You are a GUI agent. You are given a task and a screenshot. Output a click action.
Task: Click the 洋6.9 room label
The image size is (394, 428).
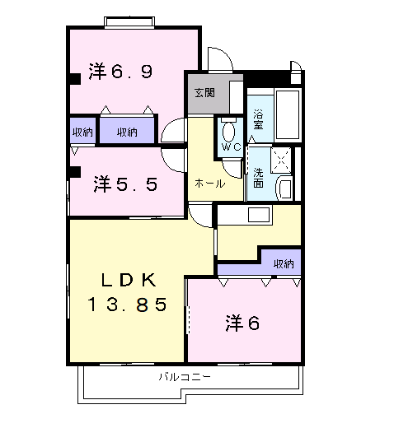pos(120,72)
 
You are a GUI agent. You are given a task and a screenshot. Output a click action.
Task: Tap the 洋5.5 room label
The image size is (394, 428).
pos(125,184)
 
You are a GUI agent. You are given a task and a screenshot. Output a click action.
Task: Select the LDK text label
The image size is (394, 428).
pos(129,280)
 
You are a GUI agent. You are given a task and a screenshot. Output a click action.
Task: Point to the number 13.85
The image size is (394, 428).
pos(127,305)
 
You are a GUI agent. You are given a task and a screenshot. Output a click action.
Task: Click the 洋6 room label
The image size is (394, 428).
pos(242,323)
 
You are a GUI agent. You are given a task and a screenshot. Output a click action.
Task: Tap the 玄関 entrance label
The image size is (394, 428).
pos(204,93)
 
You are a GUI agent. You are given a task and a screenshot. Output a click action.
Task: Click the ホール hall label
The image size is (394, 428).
pos(210,184)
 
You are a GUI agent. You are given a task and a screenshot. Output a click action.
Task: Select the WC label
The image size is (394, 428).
pos(231,147)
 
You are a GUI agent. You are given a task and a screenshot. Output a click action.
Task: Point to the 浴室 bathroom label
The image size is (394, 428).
pos(258,119)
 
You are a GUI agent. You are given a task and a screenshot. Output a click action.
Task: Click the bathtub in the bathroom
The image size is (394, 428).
pos(288,114)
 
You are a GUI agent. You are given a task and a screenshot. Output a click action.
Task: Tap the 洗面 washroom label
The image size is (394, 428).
pos(258,178)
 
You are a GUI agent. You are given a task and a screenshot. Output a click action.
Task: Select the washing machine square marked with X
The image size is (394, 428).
pos(281,160)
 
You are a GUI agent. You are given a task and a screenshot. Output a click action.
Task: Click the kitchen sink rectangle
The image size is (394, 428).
pos(259,215)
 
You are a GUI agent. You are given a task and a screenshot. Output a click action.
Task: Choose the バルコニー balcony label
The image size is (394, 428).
pos(185,377)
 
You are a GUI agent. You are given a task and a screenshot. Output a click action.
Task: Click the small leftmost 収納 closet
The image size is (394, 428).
pos(82,131)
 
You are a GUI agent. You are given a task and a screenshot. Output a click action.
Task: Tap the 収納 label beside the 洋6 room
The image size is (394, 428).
pos(284,264)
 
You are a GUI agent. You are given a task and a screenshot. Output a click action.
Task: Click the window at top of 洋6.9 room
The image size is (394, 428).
pos(129,22)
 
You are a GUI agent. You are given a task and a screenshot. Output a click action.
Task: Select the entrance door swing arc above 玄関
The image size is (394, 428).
pos(220,58)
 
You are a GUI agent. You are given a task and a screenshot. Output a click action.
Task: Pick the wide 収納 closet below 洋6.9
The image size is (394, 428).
pos(127,131)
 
